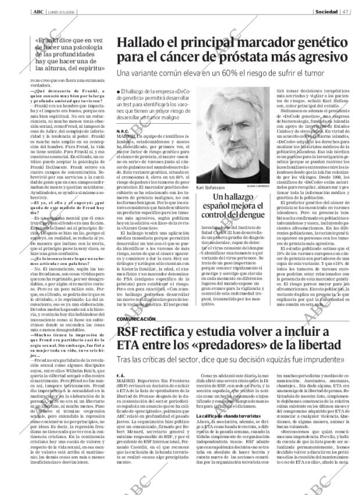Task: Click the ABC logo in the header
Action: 38,11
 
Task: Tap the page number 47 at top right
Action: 345,11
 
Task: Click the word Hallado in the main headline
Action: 142,42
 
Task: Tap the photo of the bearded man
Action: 224,139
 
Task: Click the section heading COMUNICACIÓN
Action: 136,319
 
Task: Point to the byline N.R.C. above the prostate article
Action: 123,132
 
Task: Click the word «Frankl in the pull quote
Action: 49,41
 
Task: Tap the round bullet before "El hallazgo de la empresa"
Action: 118,93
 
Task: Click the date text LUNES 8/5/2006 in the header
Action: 63,11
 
